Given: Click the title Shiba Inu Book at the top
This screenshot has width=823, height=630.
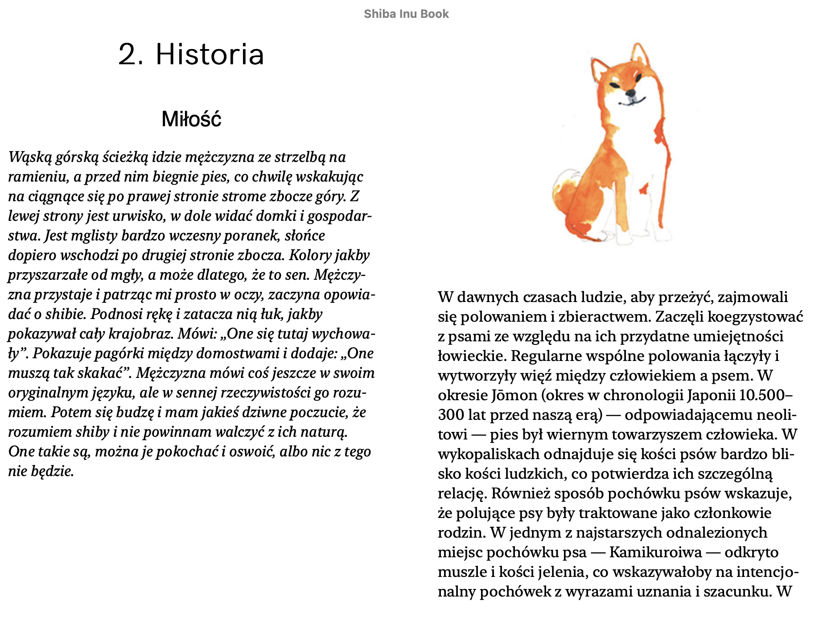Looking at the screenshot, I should pos(406,14).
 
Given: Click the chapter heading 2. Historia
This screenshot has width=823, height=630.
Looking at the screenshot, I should pos(191,54).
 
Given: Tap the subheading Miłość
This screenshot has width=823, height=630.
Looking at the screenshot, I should pos(191,119).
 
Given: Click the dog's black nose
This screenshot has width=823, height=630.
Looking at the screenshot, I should pos(630,93).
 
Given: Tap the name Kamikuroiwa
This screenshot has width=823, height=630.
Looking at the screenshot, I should pos(655,552).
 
